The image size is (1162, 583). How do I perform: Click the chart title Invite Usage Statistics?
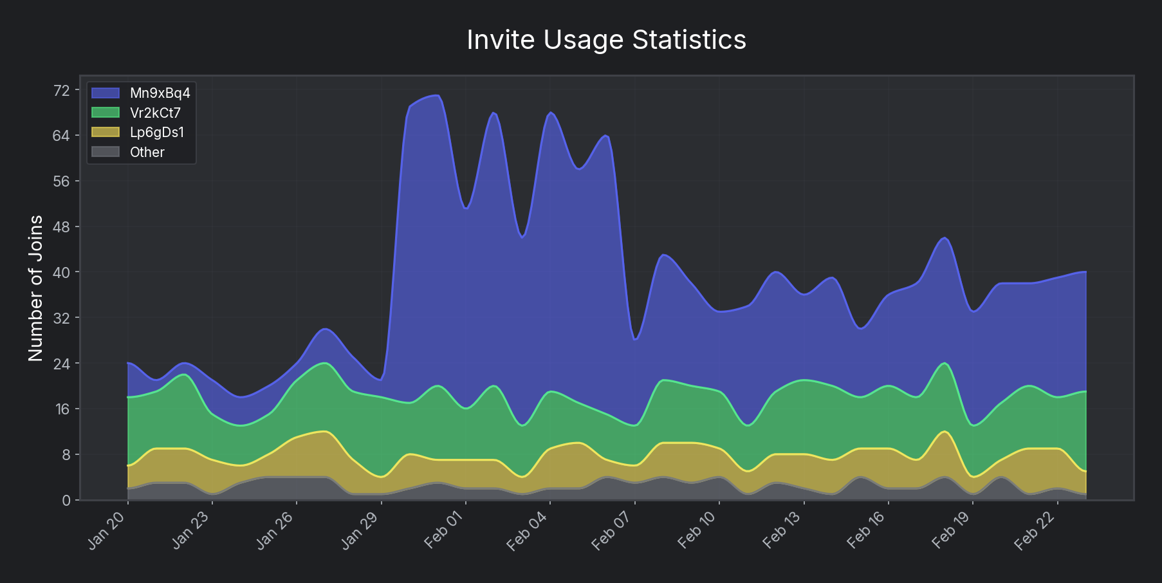click(x=606, y=40)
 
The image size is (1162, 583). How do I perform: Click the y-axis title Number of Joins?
click(x=36, y=288)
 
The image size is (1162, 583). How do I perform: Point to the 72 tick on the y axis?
click(x=62, y=91)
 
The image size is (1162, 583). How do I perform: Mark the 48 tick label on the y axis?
click(x=62, y=227)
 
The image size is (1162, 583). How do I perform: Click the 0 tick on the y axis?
click(x=66, y=500)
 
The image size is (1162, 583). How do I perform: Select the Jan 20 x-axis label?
click(x=107, y=532)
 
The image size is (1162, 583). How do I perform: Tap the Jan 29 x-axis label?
click(x=360, y=532)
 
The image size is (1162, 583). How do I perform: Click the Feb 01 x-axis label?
click(x=445, y=532)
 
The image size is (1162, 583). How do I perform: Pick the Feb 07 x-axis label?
click(x=613, y=532)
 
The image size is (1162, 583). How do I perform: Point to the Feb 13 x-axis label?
click(x=782, y=532)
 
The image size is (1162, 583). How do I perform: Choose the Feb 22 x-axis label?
click(x=1035, y=532)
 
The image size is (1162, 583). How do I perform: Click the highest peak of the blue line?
click(x=437, y=95)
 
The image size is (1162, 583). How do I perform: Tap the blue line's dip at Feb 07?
click(x=635, y=339)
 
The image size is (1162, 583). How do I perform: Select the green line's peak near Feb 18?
click(x=945, y=363)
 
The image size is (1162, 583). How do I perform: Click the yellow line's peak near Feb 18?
click(x=945, y=431)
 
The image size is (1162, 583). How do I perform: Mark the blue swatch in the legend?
click(x=106, y=93)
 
